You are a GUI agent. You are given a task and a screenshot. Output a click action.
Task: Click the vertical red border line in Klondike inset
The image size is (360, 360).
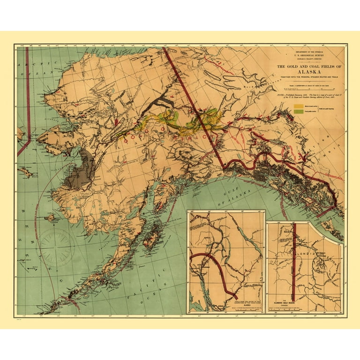[294, 262]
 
